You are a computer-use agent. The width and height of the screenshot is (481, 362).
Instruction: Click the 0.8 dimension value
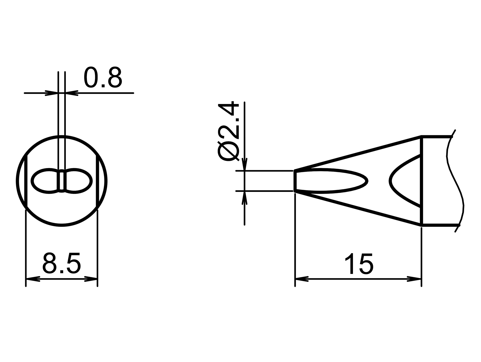coord(103,78)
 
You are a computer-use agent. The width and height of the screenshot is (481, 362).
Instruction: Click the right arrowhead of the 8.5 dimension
coord(91,279)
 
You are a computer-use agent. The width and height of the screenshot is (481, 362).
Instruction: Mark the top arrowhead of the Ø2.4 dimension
coord(245,164)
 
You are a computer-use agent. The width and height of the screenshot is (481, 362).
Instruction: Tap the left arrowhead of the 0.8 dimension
coord(51,93)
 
